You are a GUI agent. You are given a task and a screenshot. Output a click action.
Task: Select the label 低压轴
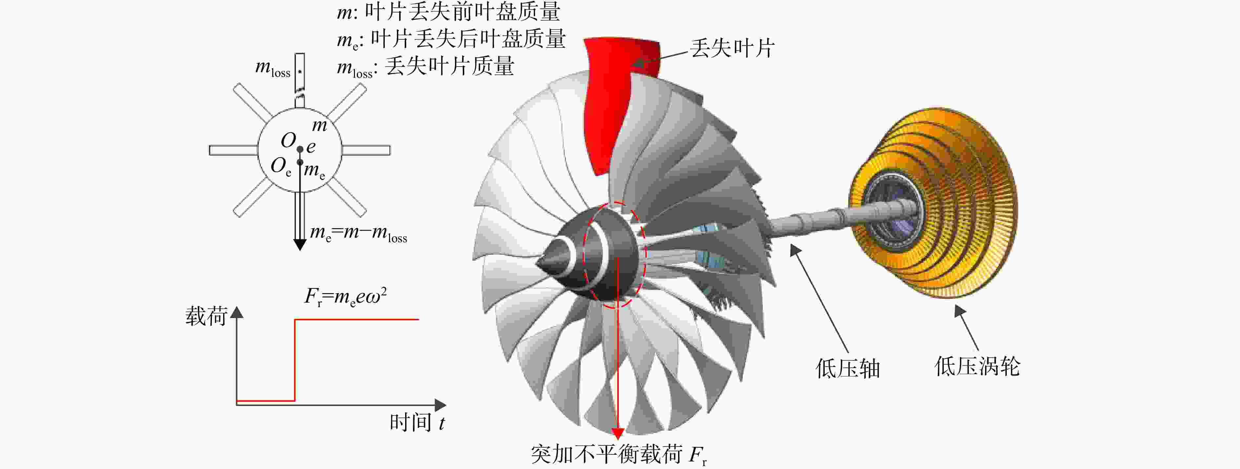[x=848, y=368]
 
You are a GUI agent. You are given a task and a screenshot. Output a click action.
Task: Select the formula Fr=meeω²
[x=346, y=296]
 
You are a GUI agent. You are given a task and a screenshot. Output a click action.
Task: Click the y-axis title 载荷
[x=206, y=316]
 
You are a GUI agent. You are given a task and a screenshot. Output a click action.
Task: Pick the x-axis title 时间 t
[x=417, y=422]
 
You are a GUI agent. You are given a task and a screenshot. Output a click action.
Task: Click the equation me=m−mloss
[x=359, y=234]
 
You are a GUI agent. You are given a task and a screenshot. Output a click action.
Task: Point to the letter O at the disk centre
[x=288, y=140]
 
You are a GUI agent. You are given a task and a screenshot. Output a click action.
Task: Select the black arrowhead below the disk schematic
[x=300, y=244]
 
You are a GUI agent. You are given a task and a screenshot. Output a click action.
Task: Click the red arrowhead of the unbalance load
[x=617, y=433]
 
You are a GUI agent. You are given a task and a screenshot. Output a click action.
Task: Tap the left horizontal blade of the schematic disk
[x=234, y=150]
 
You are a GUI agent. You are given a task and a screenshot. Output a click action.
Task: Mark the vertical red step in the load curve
[x=295, y=360]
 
